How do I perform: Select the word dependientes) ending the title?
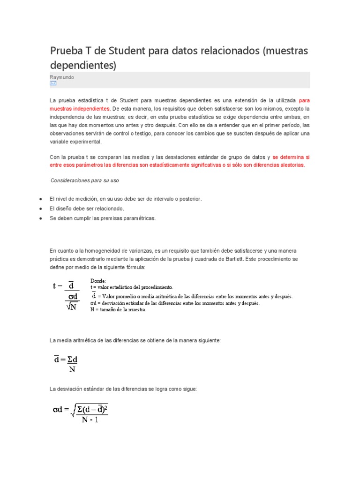[83, 65]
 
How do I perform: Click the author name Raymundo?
[61, 77]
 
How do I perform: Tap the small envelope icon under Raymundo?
[53, 83]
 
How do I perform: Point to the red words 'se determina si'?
[291, 157]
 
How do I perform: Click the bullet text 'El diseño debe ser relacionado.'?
[87, 209]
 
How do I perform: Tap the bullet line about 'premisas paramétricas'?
[102, 218]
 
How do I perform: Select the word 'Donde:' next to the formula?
[98, 280]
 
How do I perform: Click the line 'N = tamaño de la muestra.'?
[119, 310]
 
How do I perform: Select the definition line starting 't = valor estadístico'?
[132, 287]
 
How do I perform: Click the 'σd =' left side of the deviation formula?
[62, 410]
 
